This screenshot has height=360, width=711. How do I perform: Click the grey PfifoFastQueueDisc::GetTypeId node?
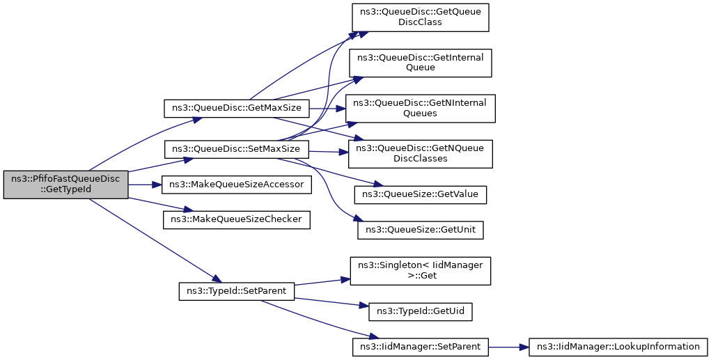coord(65,185)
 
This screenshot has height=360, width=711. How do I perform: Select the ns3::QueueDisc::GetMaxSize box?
coord(236,109)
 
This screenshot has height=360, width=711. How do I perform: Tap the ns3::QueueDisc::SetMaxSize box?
coord(236,149)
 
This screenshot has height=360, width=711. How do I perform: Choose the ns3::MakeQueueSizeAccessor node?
coord(236,185)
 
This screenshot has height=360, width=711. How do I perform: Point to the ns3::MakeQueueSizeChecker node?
coord(236,219)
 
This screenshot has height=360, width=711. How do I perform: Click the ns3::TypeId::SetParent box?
coord(236,291)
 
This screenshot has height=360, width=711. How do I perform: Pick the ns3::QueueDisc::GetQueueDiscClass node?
coord(421,17)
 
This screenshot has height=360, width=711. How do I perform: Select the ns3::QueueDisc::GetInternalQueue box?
coord(421,63)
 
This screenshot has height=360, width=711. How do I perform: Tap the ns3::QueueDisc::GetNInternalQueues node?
coord(421,109)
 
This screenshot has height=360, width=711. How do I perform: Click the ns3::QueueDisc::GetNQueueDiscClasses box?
coord(421,154)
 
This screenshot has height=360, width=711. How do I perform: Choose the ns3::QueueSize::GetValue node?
coord(421,194)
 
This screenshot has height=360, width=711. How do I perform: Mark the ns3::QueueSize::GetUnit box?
coord(421,230)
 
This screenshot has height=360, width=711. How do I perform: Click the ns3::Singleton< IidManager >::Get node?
coord(421,271)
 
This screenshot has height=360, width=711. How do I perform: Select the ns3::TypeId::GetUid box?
coord(421,311)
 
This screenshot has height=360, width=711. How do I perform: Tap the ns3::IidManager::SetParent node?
coord(421,347)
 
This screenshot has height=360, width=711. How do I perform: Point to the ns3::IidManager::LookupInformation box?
coord(618,347)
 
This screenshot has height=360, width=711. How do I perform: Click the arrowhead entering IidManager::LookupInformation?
coord(524,347)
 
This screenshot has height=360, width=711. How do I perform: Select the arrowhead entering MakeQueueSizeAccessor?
coord(158,185)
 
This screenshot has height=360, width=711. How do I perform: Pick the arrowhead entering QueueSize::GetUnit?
coord(354,219)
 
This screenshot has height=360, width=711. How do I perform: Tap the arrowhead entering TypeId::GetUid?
coord(365,306)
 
